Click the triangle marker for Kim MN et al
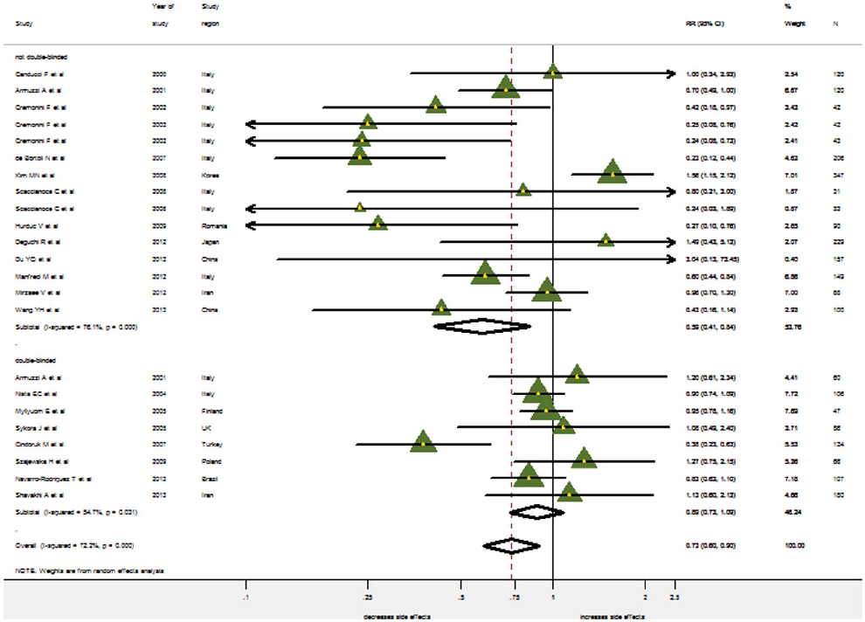tap(612, 173)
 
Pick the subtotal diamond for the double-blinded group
tap(536, 511)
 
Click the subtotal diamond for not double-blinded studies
tap(482, 327)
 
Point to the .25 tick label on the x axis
tap(367, 598)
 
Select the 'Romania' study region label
tap(212, 225)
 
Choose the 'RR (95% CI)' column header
tap(705, 23)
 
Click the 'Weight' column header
tap(794, 23)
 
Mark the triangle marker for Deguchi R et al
tap(605, 240)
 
